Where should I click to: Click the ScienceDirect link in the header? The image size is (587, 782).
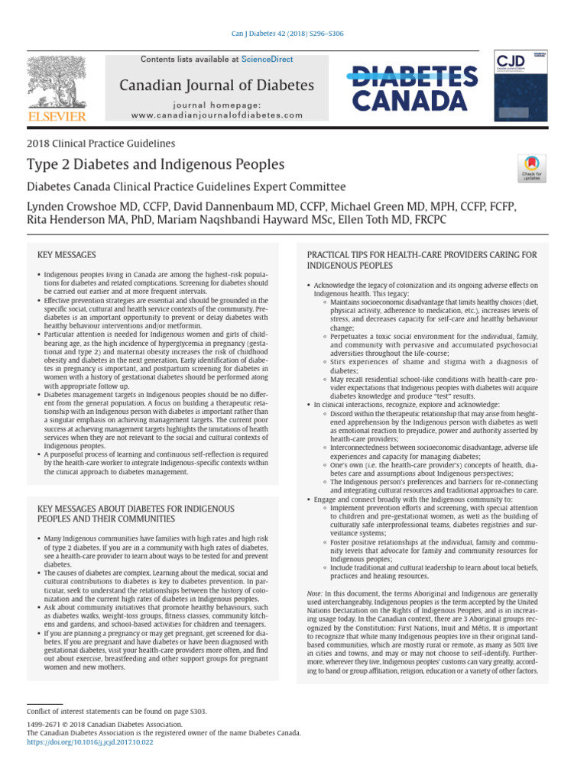click(x=267, y=59)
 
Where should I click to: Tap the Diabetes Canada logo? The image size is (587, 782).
click(x=415, y=86)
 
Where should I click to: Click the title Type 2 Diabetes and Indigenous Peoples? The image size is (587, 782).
click(x=155, y=164)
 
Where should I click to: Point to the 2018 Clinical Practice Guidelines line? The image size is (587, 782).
click(x=101, y=143)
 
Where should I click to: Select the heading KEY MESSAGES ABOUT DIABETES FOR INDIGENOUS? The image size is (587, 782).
click(x=136, y=508)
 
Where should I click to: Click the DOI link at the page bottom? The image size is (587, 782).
click(x=90, y=741)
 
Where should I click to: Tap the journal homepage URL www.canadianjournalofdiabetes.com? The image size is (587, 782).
click(x=216, y=115)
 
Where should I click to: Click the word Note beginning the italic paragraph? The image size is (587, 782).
click(x=313, y=593)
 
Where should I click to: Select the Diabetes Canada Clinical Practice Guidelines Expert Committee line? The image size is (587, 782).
click(x=186, y=186)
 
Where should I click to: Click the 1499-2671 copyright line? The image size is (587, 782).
click(x=105, y=724)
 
